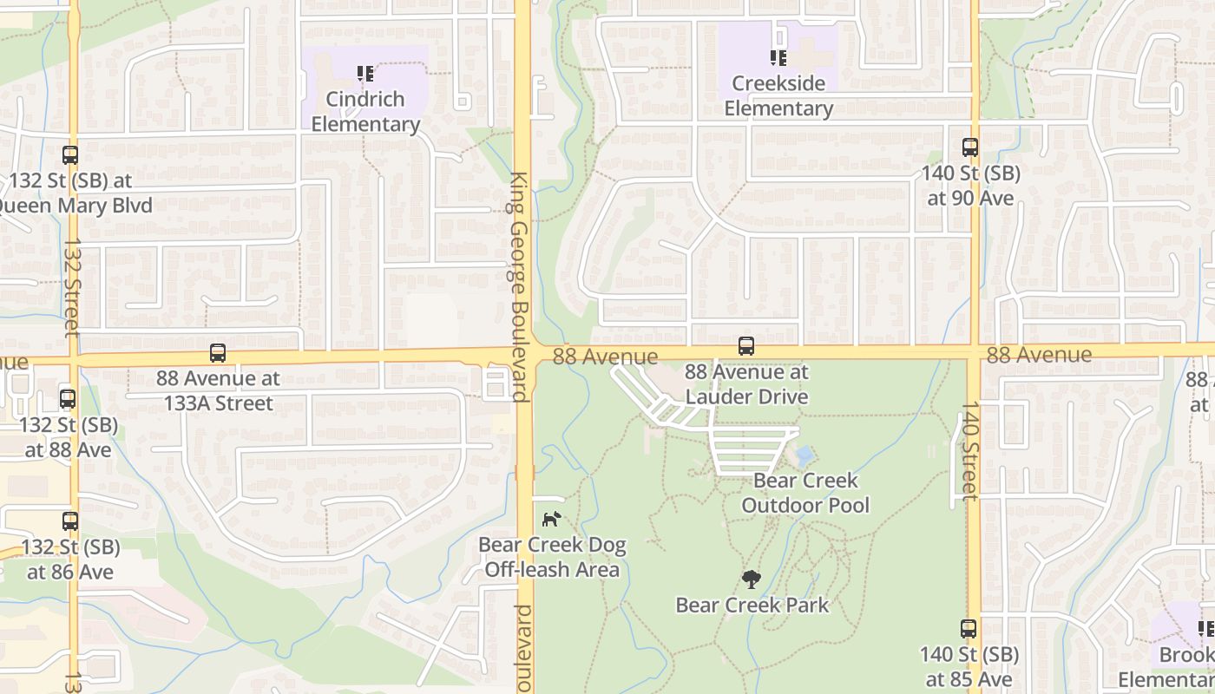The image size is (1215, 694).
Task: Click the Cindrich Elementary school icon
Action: [365, 74]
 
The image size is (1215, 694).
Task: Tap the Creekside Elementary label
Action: [778, 96]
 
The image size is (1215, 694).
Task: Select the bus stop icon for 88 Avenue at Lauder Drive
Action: [745, 346]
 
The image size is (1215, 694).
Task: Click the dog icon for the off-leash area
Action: [551, 519]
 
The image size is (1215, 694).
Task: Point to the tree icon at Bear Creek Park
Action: [752, 579]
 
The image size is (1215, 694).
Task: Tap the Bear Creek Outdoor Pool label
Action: [805, 493]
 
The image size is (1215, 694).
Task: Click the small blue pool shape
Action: [805, 455]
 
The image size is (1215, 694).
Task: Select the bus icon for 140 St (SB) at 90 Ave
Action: [969, 148]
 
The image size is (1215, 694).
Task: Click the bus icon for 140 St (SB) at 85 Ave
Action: [969, 629]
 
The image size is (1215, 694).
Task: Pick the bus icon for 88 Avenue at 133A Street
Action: [218, 353]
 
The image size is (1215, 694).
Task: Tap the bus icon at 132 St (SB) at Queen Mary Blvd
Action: [70, 155]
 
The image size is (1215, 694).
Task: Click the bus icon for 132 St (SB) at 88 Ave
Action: [68, 399]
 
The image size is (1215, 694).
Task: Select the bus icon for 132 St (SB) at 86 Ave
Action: [70, 521]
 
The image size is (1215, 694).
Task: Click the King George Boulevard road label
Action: [520, 286]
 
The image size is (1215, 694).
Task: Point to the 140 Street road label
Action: [969, 450]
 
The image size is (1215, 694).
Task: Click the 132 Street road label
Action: [72, 286]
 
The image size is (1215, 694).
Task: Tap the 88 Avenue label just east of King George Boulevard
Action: [605, 357]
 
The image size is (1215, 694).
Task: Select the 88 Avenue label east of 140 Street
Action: [1039, 354]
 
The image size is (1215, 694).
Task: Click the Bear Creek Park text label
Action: [752, 605]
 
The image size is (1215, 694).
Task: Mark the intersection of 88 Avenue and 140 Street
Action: [974, 351]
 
